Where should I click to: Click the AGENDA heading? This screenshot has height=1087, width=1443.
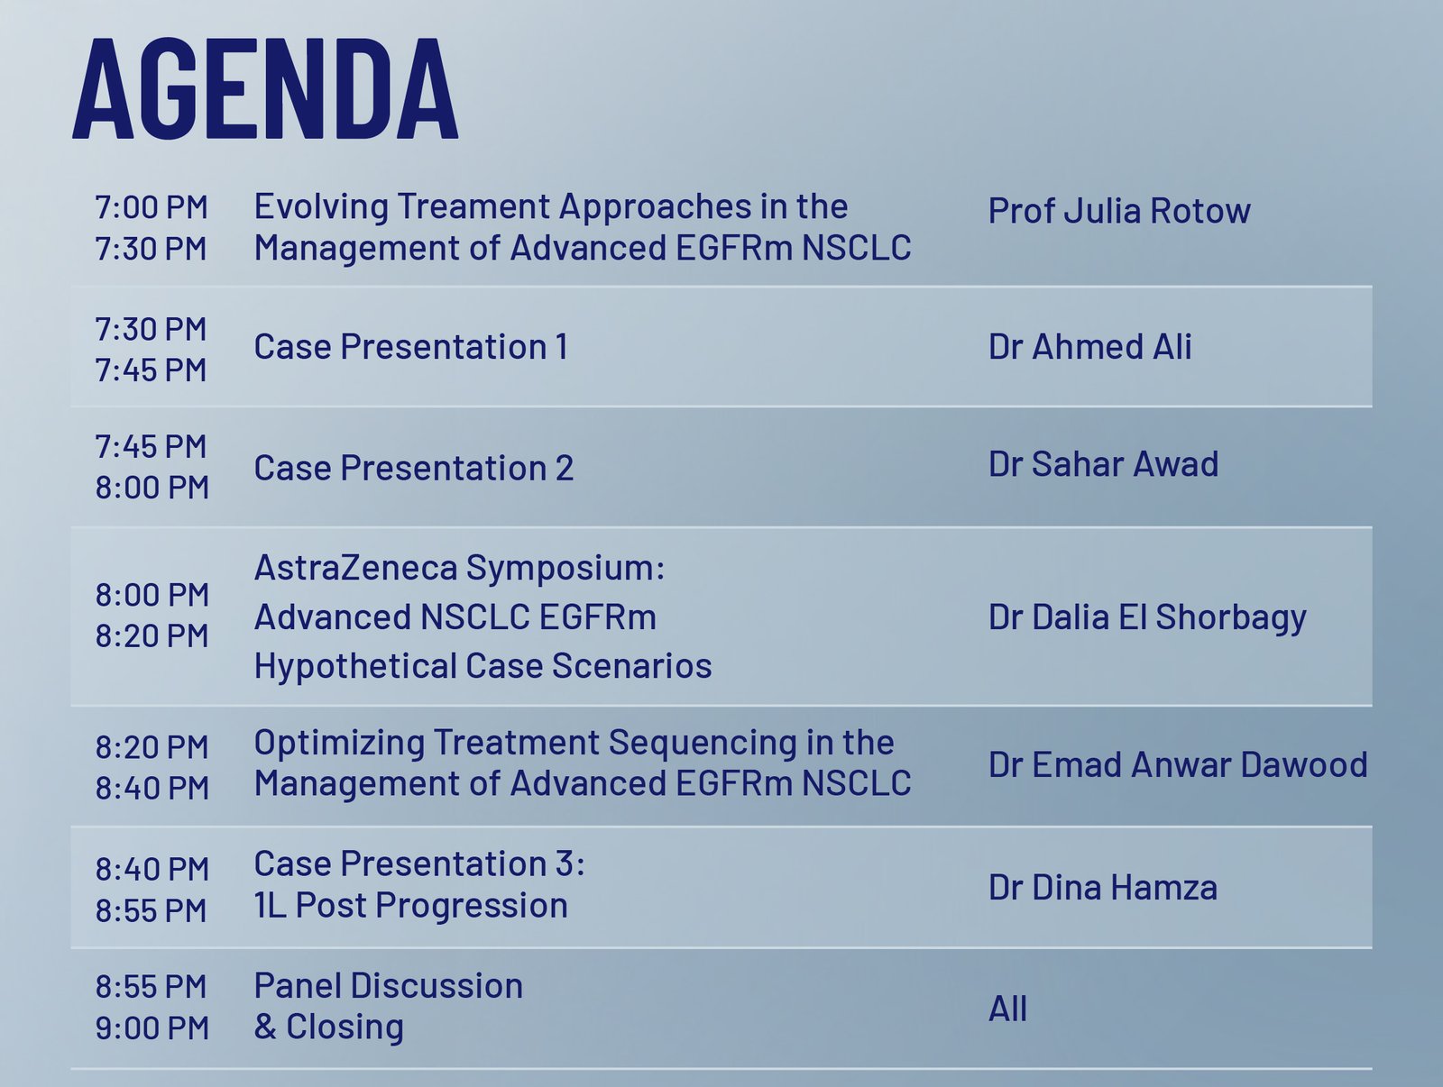tap(265, 88)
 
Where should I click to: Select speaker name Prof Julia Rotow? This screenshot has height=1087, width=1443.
tap(1119, 211)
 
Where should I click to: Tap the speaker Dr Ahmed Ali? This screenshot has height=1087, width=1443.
tap(1089, 346)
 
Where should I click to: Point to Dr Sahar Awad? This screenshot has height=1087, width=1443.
tap(1103, 463)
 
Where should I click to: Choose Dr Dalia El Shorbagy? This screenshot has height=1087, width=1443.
tap(1147, 618)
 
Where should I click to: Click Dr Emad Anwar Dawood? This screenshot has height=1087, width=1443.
tap(1178, 764)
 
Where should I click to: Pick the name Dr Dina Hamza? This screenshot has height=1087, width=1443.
tap(1103, 887)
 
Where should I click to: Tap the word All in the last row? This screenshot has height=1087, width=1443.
tap(1007, 1009)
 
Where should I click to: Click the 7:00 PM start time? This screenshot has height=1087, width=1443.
tap(152, 207)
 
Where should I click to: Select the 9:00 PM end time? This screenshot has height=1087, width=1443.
tap(152, 1028)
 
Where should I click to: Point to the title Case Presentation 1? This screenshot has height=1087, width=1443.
tap(411, 346)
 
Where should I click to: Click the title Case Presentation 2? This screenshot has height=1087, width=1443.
tap(413, 468)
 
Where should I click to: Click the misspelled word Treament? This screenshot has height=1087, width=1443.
tap(473, 206)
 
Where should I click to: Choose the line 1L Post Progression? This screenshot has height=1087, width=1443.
tap(411, 906)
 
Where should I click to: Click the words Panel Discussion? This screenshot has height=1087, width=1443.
tap(389, 986)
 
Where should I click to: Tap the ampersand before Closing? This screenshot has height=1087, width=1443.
tap(265, 1027)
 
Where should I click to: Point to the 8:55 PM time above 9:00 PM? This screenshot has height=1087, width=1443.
tap(152, 987)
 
